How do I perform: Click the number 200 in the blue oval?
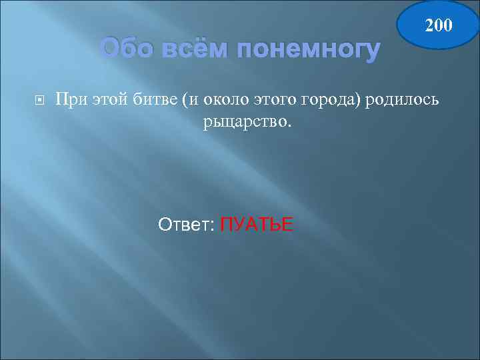(439, 26)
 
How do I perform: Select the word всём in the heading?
(193, 48)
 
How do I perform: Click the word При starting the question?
(70, 100)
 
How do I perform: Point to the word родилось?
(403, 100)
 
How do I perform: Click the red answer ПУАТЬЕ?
(256, 225)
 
